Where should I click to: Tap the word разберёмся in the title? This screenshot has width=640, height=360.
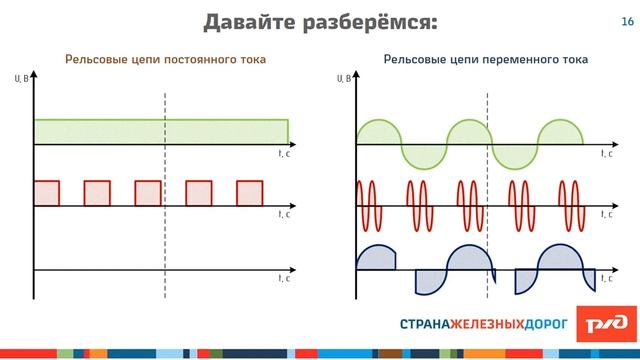(x=366, y=22)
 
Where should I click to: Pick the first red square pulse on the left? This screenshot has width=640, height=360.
(x=47, y=192)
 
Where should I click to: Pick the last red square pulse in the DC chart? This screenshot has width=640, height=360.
(x=249, y=192)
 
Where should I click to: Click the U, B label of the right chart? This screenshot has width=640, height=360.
(x=344, y=77)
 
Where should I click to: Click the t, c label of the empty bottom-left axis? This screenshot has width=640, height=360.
(x=284, y=279)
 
